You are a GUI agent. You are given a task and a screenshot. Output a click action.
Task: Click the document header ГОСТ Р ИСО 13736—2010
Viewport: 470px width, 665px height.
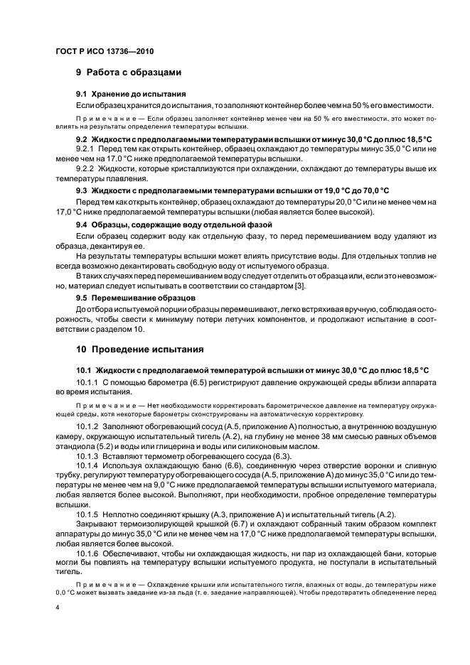tap(105, 51)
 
